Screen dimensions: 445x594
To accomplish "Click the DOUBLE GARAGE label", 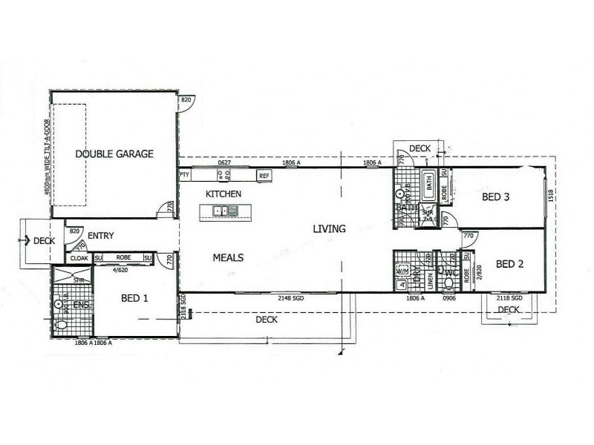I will pos(114,154).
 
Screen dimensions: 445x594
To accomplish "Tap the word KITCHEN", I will pos(223,194).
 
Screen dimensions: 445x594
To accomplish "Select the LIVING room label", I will pos(329,228).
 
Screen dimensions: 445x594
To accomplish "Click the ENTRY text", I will pos(100,236).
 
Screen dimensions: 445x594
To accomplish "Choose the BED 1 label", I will pos(135,298).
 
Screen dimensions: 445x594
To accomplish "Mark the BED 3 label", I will pos(496,197).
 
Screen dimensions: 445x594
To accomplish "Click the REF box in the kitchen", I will pos(264,176).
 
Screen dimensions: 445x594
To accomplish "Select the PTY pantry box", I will pos(184,175).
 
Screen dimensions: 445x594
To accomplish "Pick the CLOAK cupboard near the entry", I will pos(79,258).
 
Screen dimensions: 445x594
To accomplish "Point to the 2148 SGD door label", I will pos(290,298).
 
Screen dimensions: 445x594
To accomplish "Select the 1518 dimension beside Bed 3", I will pos(550,197).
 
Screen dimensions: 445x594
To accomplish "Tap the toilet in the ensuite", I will pos(62,324).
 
